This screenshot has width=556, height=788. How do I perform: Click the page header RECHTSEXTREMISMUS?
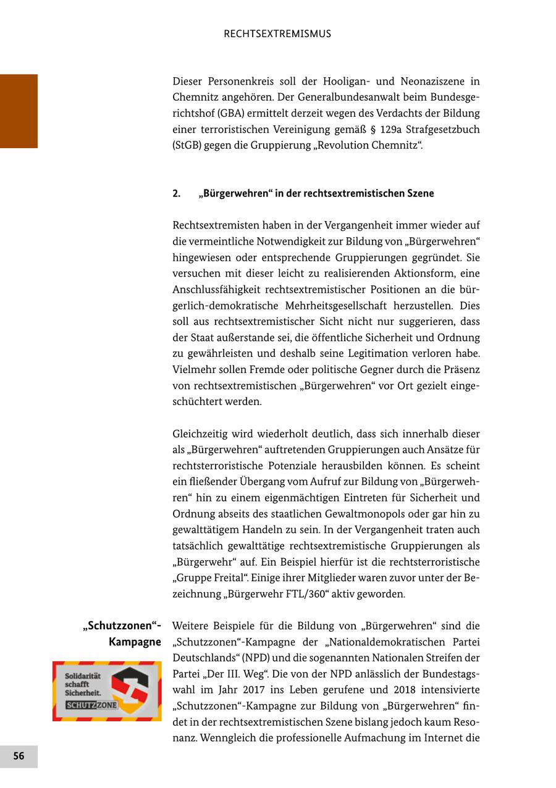pos(277,34)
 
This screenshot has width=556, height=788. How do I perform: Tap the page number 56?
pos(19,756)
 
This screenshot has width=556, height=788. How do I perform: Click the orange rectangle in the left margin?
pos(19,111)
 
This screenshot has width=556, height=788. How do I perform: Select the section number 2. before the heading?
pos(177,193)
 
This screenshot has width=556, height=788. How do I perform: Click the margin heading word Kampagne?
pos(135,642)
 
